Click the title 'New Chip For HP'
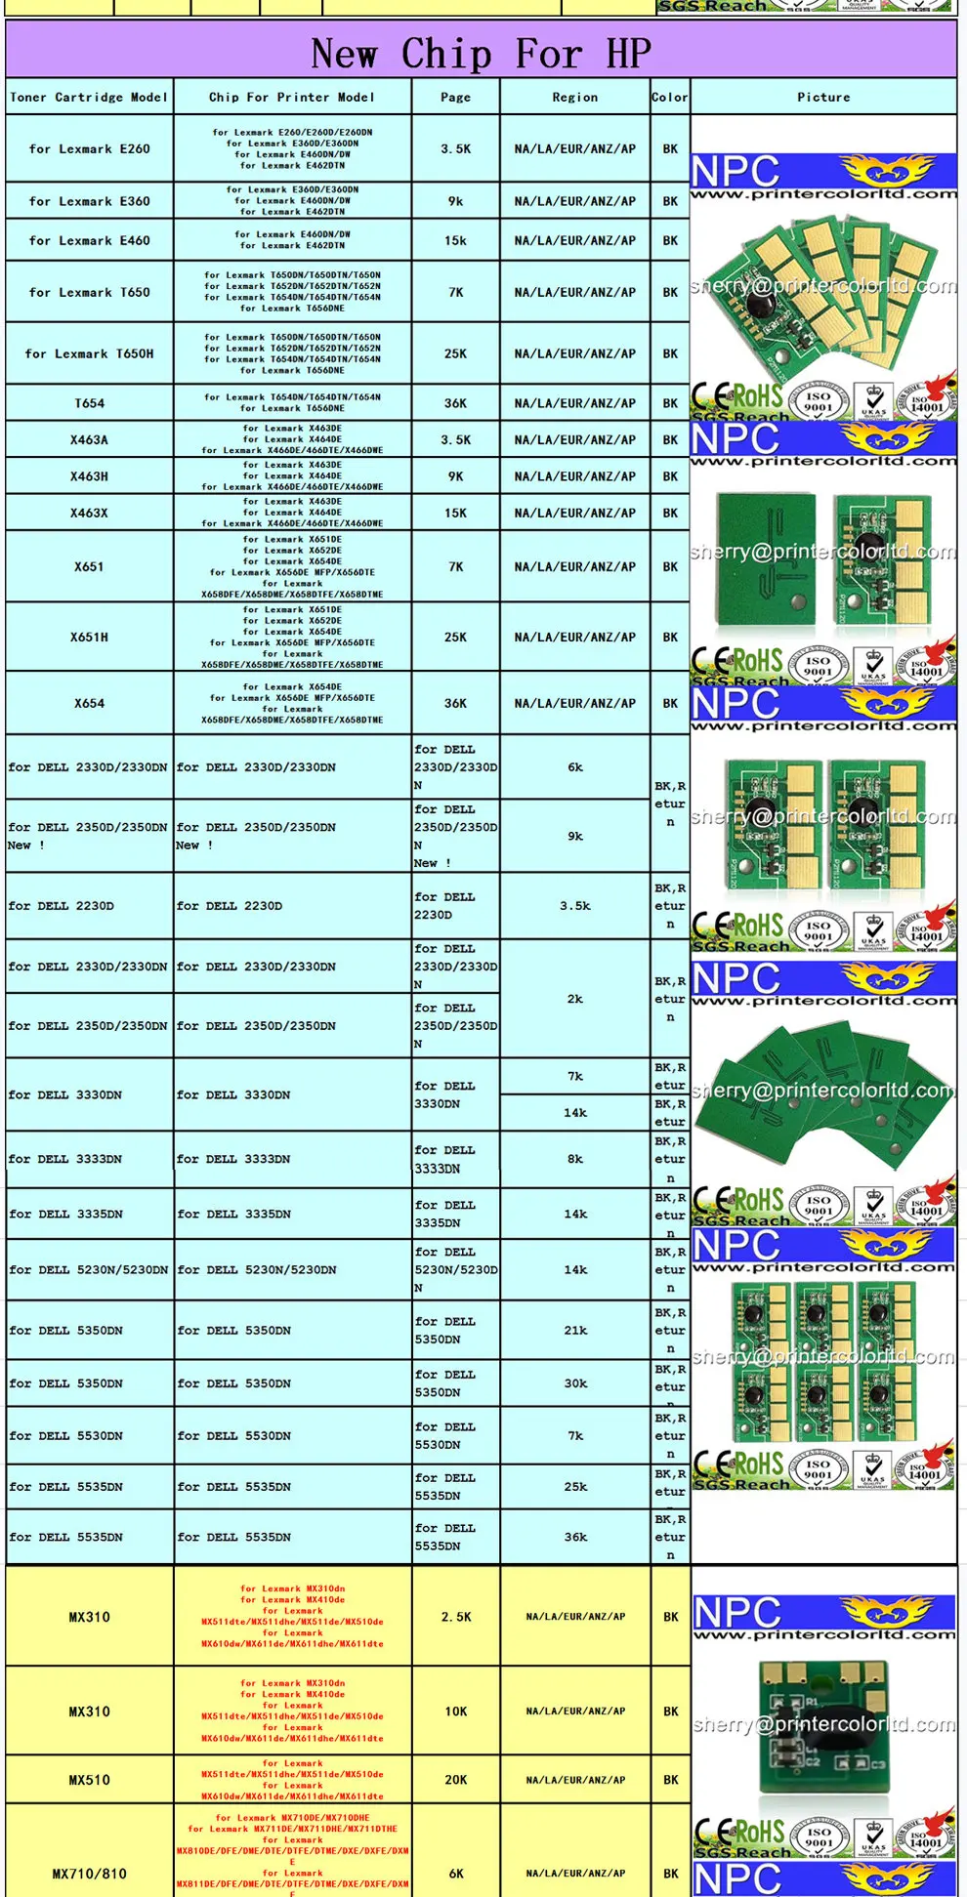pyautogui.click(x=481, y=54)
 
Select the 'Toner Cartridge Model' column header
pyautogui.click(x=89, y=98)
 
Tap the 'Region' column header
pyautogui.click(x=574, y=98)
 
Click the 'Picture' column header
pyautogui.click(x=823, y=98)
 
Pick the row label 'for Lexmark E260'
pyautogui.click(x=89, y=149)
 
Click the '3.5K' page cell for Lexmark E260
pyautogui.click(x=455, y=149)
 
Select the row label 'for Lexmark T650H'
pyautogui.click(x=89, y=353)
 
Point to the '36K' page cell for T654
pyautogui.click(x=455, y=403)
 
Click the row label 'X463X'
pyautogui.click(x=89, y=513)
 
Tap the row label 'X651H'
pyautogui.click(x=89, y=637)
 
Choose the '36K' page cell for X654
pyautogui.click(x=455, y=703)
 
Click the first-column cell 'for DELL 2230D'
pyautogui.click(x=62, y=906)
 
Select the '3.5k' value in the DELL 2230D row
pyautogui.click(x=574, y=906)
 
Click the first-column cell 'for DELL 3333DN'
pyautogui.click(x=65, y=1159)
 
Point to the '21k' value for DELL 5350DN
pyautogui.click(x=575, y=1330)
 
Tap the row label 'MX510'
pyautogui.click(x=89, y=1780)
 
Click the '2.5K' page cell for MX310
pyautogui.click(x=455, y=1617)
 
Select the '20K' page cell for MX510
pyautogui.click(x=455, y=1780)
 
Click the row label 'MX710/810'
pyautogui.click(x=89, y=1874)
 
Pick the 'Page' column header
pyautogui.click(x=455, y=98)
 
